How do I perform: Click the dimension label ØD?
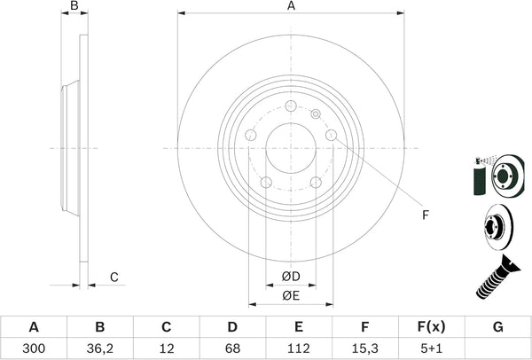pos(290,276)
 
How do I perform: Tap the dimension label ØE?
pos(290,294)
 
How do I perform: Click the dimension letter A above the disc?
pos(290,7)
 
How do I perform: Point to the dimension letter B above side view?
pos(74,7)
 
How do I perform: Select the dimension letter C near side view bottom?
pos(113,277)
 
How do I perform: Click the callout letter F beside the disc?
pos(425,215)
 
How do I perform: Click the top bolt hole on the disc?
pos(291,107)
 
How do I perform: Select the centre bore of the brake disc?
pos(291,148)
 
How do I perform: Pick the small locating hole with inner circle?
pos(315,113)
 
